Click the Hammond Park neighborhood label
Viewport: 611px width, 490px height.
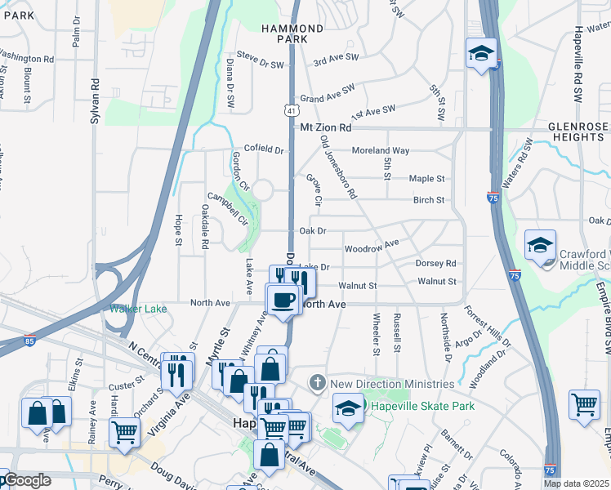(292, 33)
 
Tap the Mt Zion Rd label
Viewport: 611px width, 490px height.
(326, 128)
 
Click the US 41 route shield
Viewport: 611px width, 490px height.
(291, 109)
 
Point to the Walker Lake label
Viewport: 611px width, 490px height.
(138, 309)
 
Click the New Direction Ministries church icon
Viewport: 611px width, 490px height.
(319, 382)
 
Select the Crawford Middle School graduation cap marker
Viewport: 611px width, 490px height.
(540, 246)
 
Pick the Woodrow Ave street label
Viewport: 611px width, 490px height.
(372, 246)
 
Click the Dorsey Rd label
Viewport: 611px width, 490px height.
(435, 264)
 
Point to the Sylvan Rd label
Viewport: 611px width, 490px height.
(96, 95)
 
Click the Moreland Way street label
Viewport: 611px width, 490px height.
(380, 150)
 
